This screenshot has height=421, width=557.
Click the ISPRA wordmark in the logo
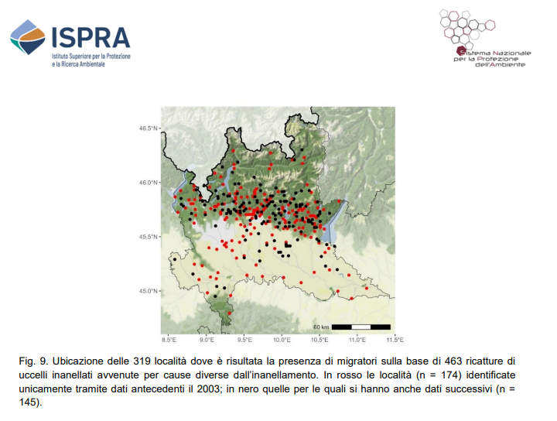click(x=91, y=38)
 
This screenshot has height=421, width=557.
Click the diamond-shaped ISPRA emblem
click(x=28, y=37)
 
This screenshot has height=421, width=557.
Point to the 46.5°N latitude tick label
click(x=148, y=128)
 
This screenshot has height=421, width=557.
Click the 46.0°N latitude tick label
click(x=148, y=183)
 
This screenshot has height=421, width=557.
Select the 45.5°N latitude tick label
click(x=148, y=237)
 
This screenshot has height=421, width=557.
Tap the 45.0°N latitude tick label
click(x=148, y=291)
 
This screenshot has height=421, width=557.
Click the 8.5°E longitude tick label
click(x=169, y=340)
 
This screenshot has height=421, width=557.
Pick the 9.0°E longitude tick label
click(x=207, y=340)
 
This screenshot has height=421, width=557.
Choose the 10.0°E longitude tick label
click(x=282, y=340)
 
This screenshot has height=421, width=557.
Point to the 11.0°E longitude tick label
click(x=357, y=340)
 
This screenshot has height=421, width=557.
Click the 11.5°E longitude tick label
click(x=395, y=340)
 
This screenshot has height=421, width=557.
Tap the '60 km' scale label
click(x=321, y=327)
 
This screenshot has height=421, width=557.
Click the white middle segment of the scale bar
click(x=361, y=327)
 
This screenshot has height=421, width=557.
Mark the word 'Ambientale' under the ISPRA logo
click(x=91, y=64)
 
